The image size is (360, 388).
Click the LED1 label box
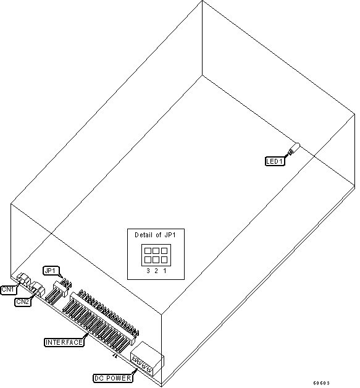pos(275,161)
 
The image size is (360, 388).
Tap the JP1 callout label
pos(50,271)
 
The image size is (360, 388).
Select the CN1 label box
pos(9,290)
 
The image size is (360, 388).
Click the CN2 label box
pos(23,302)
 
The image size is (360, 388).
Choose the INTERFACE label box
pos(64,342)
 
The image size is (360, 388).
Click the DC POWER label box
pos(112,378)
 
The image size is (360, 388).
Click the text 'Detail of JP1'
pos(155,235)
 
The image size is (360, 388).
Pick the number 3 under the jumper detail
pos(148,271)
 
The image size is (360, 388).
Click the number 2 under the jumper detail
pos(156,271)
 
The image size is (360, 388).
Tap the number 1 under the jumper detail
pos(165,271)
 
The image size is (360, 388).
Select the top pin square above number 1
pos(164,251)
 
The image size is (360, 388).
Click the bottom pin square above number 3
pos(148,259)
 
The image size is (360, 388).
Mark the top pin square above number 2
pos(156,251)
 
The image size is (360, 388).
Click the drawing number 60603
pos(322,383)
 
